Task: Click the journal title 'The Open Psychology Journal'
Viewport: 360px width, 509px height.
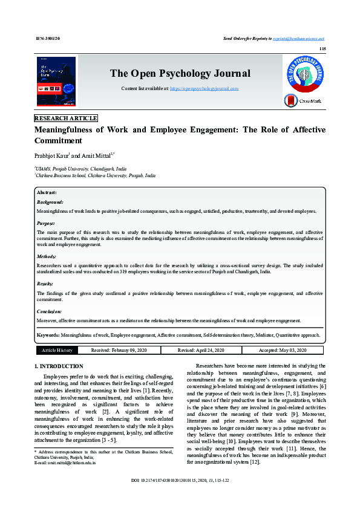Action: coord(180,74)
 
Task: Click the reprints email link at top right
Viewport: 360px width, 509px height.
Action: coord(299,38)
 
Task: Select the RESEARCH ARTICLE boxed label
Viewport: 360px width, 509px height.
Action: coord(66,118)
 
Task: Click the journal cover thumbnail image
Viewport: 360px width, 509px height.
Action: coord(56,82)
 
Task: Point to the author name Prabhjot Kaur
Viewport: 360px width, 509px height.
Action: coord(51,157)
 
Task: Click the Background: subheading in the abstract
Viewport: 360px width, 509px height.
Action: coord(50,202)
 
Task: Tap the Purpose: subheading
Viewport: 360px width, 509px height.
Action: coord(47,223)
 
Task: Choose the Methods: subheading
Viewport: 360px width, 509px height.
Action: coord(47,256)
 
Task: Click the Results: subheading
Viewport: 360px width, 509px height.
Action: coord(45,284)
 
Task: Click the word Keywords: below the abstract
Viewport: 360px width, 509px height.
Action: coord(48,334)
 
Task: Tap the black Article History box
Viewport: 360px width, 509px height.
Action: coord(57,350)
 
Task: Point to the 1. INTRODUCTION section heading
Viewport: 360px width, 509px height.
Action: coord(59,366)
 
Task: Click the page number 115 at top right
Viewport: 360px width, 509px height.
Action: coord(322,48)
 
